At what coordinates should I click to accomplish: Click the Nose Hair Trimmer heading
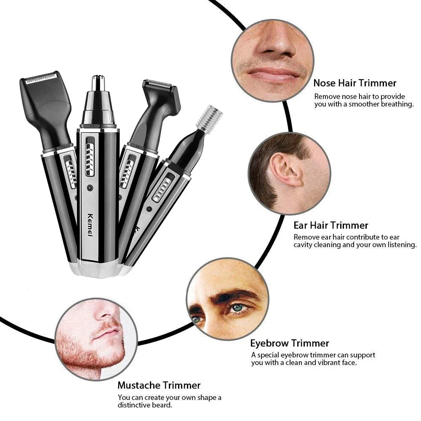click(354, 83)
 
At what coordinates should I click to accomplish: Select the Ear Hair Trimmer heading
click(331, 225)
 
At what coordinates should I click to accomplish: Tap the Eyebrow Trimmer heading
click(290, 343)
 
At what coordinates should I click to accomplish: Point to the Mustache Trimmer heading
click(159, 385)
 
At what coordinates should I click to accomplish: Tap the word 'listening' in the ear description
click(399, 245)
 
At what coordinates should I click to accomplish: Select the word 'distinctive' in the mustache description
click(139, 405)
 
